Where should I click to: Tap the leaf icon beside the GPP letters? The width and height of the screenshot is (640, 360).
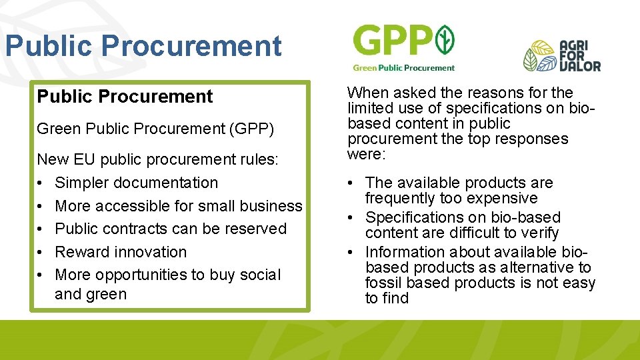pyautogui.click(x=445, y=41)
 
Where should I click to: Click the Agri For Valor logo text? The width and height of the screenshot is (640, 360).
pyautogui.click(x=580, y=56)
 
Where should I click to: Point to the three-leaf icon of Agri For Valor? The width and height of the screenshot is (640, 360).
pyautogui.click(x=539, y=57)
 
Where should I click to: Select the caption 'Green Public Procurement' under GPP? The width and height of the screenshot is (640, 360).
pyautogui.click(x=403, y=67)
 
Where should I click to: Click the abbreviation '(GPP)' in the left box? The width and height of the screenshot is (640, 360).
pyautogui.click(x=251, y=129)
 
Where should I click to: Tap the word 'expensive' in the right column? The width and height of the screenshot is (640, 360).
pyautogui.click(x=505, y=198)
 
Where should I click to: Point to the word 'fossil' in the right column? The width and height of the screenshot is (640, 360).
pyautogui.click(x=383, y=283)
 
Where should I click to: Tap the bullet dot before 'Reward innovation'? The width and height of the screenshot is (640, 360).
pyautogui.click(x=41, y=252)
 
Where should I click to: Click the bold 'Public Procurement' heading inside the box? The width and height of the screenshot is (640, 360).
pyautogui.click(x=125, y=97)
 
